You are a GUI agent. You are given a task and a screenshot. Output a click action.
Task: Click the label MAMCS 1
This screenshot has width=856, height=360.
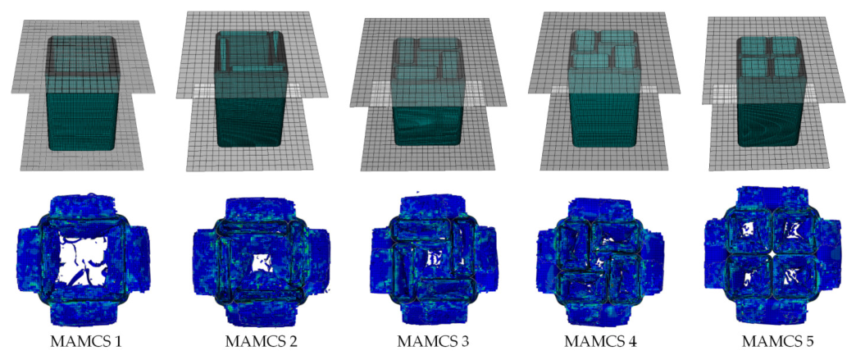86,342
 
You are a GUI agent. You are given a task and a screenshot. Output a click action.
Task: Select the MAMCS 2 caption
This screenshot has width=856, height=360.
261,342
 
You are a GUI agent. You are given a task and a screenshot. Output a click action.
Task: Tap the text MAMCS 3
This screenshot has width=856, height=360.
433,342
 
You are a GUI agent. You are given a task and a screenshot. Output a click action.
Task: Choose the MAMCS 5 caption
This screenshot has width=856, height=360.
777,342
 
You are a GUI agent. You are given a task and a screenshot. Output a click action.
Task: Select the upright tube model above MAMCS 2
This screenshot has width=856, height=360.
250,89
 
